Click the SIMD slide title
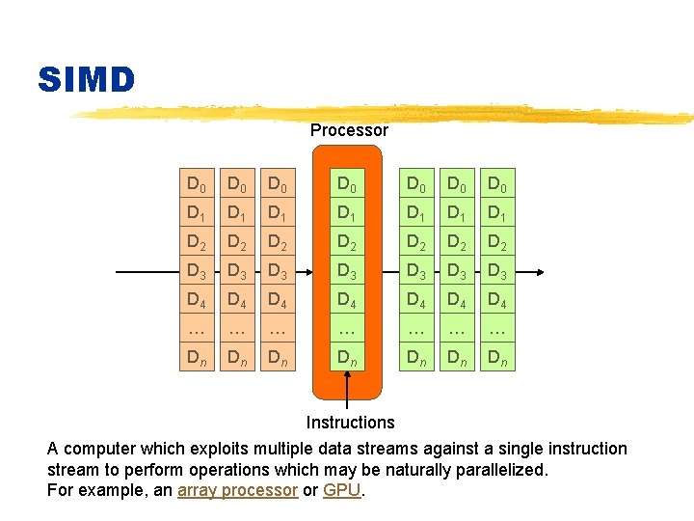point(87,80)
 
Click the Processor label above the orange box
point(349,130)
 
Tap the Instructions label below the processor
point(350,423)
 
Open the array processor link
point(237,490)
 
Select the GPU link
point(341,490)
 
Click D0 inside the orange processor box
point(348,183)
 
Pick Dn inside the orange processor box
point(348,359)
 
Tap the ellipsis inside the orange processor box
point(348,330)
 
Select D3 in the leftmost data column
point(198,272)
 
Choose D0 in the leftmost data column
point(198,183)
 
